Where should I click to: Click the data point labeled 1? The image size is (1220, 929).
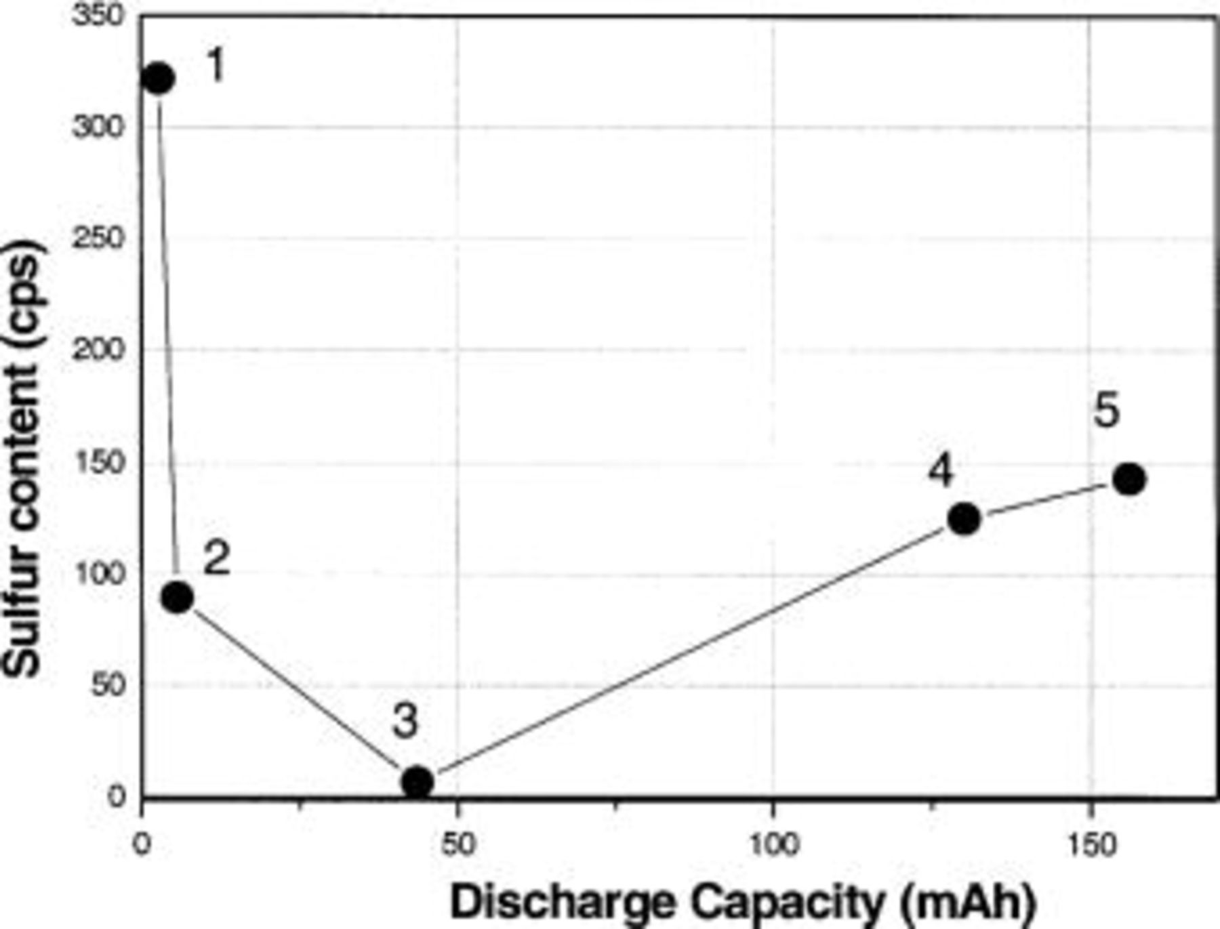tap(158, 79)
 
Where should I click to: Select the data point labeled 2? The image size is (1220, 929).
tap(178, 598)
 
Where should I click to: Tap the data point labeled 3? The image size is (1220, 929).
tap(418, 782)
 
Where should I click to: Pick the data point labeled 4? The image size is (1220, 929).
tap(964, 519)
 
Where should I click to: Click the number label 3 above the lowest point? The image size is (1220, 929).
tap(405, 721)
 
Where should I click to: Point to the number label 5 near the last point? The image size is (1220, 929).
tap(1107, 411)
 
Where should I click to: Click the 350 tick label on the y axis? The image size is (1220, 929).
tap(99, 15)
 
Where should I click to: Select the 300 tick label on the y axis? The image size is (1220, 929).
tap(99, 127)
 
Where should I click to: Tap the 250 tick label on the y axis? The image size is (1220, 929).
tap(99, 239)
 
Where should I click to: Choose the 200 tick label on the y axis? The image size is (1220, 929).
tap(99, 350)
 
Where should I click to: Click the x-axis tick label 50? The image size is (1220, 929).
tap(457, 845)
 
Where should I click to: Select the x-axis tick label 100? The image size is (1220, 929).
tap(773, 845)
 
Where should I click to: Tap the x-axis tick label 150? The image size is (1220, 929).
tap(1090, 845)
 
